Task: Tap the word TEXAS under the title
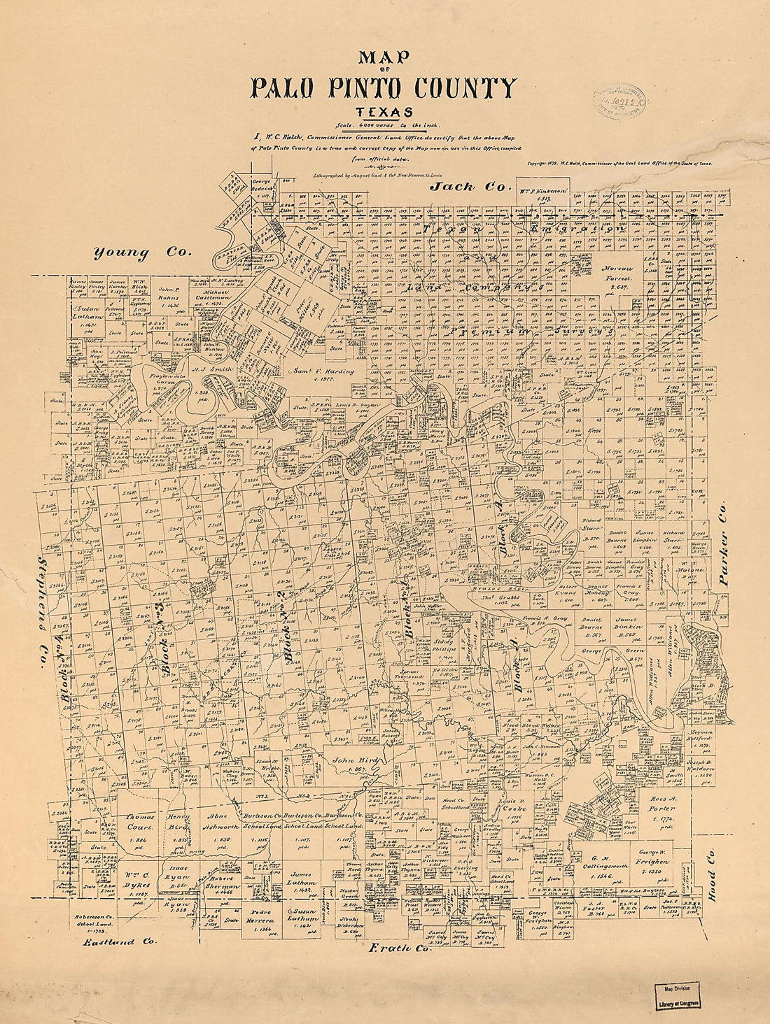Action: tap(384, 113)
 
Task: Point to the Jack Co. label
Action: tap(461, 186)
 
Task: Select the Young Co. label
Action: tap(143, 253)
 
